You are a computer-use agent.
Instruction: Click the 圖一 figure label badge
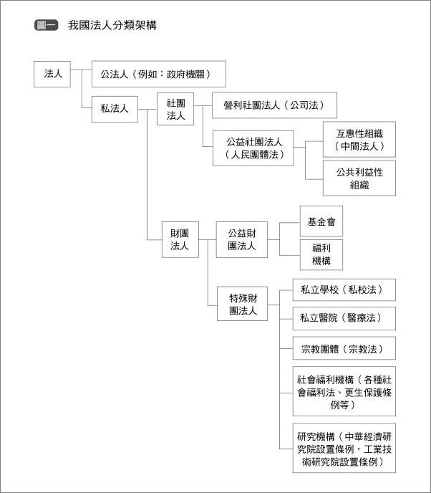point(46,25)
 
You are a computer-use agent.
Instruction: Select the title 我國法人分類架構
point(112,25)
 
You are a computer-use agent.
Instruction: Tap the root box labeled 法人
point(52,75)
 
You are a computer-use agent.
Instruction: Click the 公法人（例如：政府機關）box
point(159,74)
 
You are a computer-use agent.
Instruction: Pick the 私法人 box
point(115,109)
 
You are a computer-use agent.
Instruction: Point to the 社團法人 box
point(175,109)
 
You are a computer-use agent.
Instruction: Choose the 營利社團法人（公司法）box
point(274,105)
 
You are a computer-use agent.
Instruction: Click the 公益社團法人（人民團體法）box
point(253,148)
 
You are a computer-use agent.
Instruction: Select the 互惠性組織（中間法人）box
point(359,139)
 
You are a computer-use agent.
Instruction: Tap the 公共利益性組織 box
point(359,178)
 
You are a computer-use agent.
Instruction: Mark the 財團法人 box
point(180,239)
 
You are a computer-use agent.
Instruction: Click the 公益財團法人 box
point(242,239)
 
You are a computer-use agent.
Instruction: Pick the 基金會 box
point(321,221)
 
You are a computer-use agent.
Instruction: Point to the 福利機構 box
point(321,254)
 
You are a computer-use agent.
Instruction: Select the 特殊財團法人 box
point(243,304)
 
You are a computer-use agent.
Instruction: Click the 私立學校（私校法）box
point(344,289)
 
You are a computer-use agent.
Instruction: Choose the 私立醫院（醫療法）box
point(344,318)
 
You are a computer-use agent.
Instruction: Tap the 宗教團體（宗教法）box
point(344,348)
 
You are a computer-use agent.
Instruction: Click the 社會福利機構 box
point(344,391)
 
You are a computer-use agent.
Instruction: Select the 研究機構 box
point(344,448)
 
